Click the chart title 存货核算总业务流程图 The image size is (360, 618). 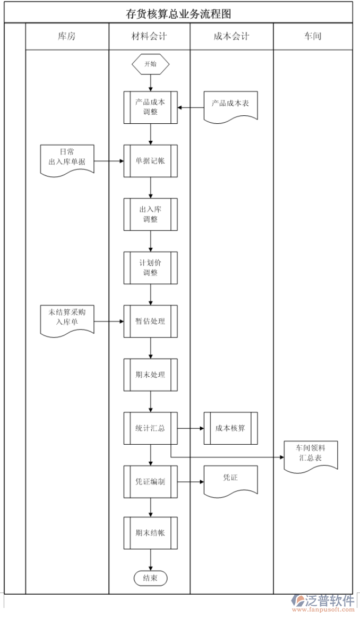(178, 14)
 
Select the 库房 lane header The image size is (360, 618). (67, 37)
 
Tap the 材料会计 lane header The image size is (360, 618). (149, 37)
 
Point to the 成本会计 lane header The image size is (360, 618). (231, 37)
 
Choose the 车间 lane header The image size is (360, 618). (312, 37)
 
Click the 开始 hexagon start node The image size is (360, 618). (151, 64)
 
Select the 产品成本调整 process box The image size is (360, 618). (151, 107)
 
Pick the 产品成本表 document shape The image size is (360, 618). (230, 104)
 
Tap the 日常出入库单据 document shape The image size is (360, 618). (67, 158)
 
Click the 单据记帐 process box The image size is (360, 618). (151, 160)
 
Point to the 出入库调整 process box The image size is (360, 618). (151, 214)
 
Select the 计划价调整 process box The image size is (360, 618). (151, 268)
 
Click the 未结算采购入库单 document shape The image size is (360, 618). (67, 318)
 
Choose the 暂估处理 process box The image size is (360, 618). (151, 321)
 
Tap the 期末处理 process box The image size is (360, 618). (151, 375)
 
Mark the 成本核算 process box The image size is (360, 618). (230, 428)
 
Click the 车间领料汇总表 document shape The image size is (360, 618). (311, 454)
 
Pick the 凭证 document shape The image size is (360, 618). (230, 479)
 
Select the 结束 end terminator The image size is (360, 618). (151, 578)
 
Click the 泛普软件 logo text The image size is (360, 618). (330, 600)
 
